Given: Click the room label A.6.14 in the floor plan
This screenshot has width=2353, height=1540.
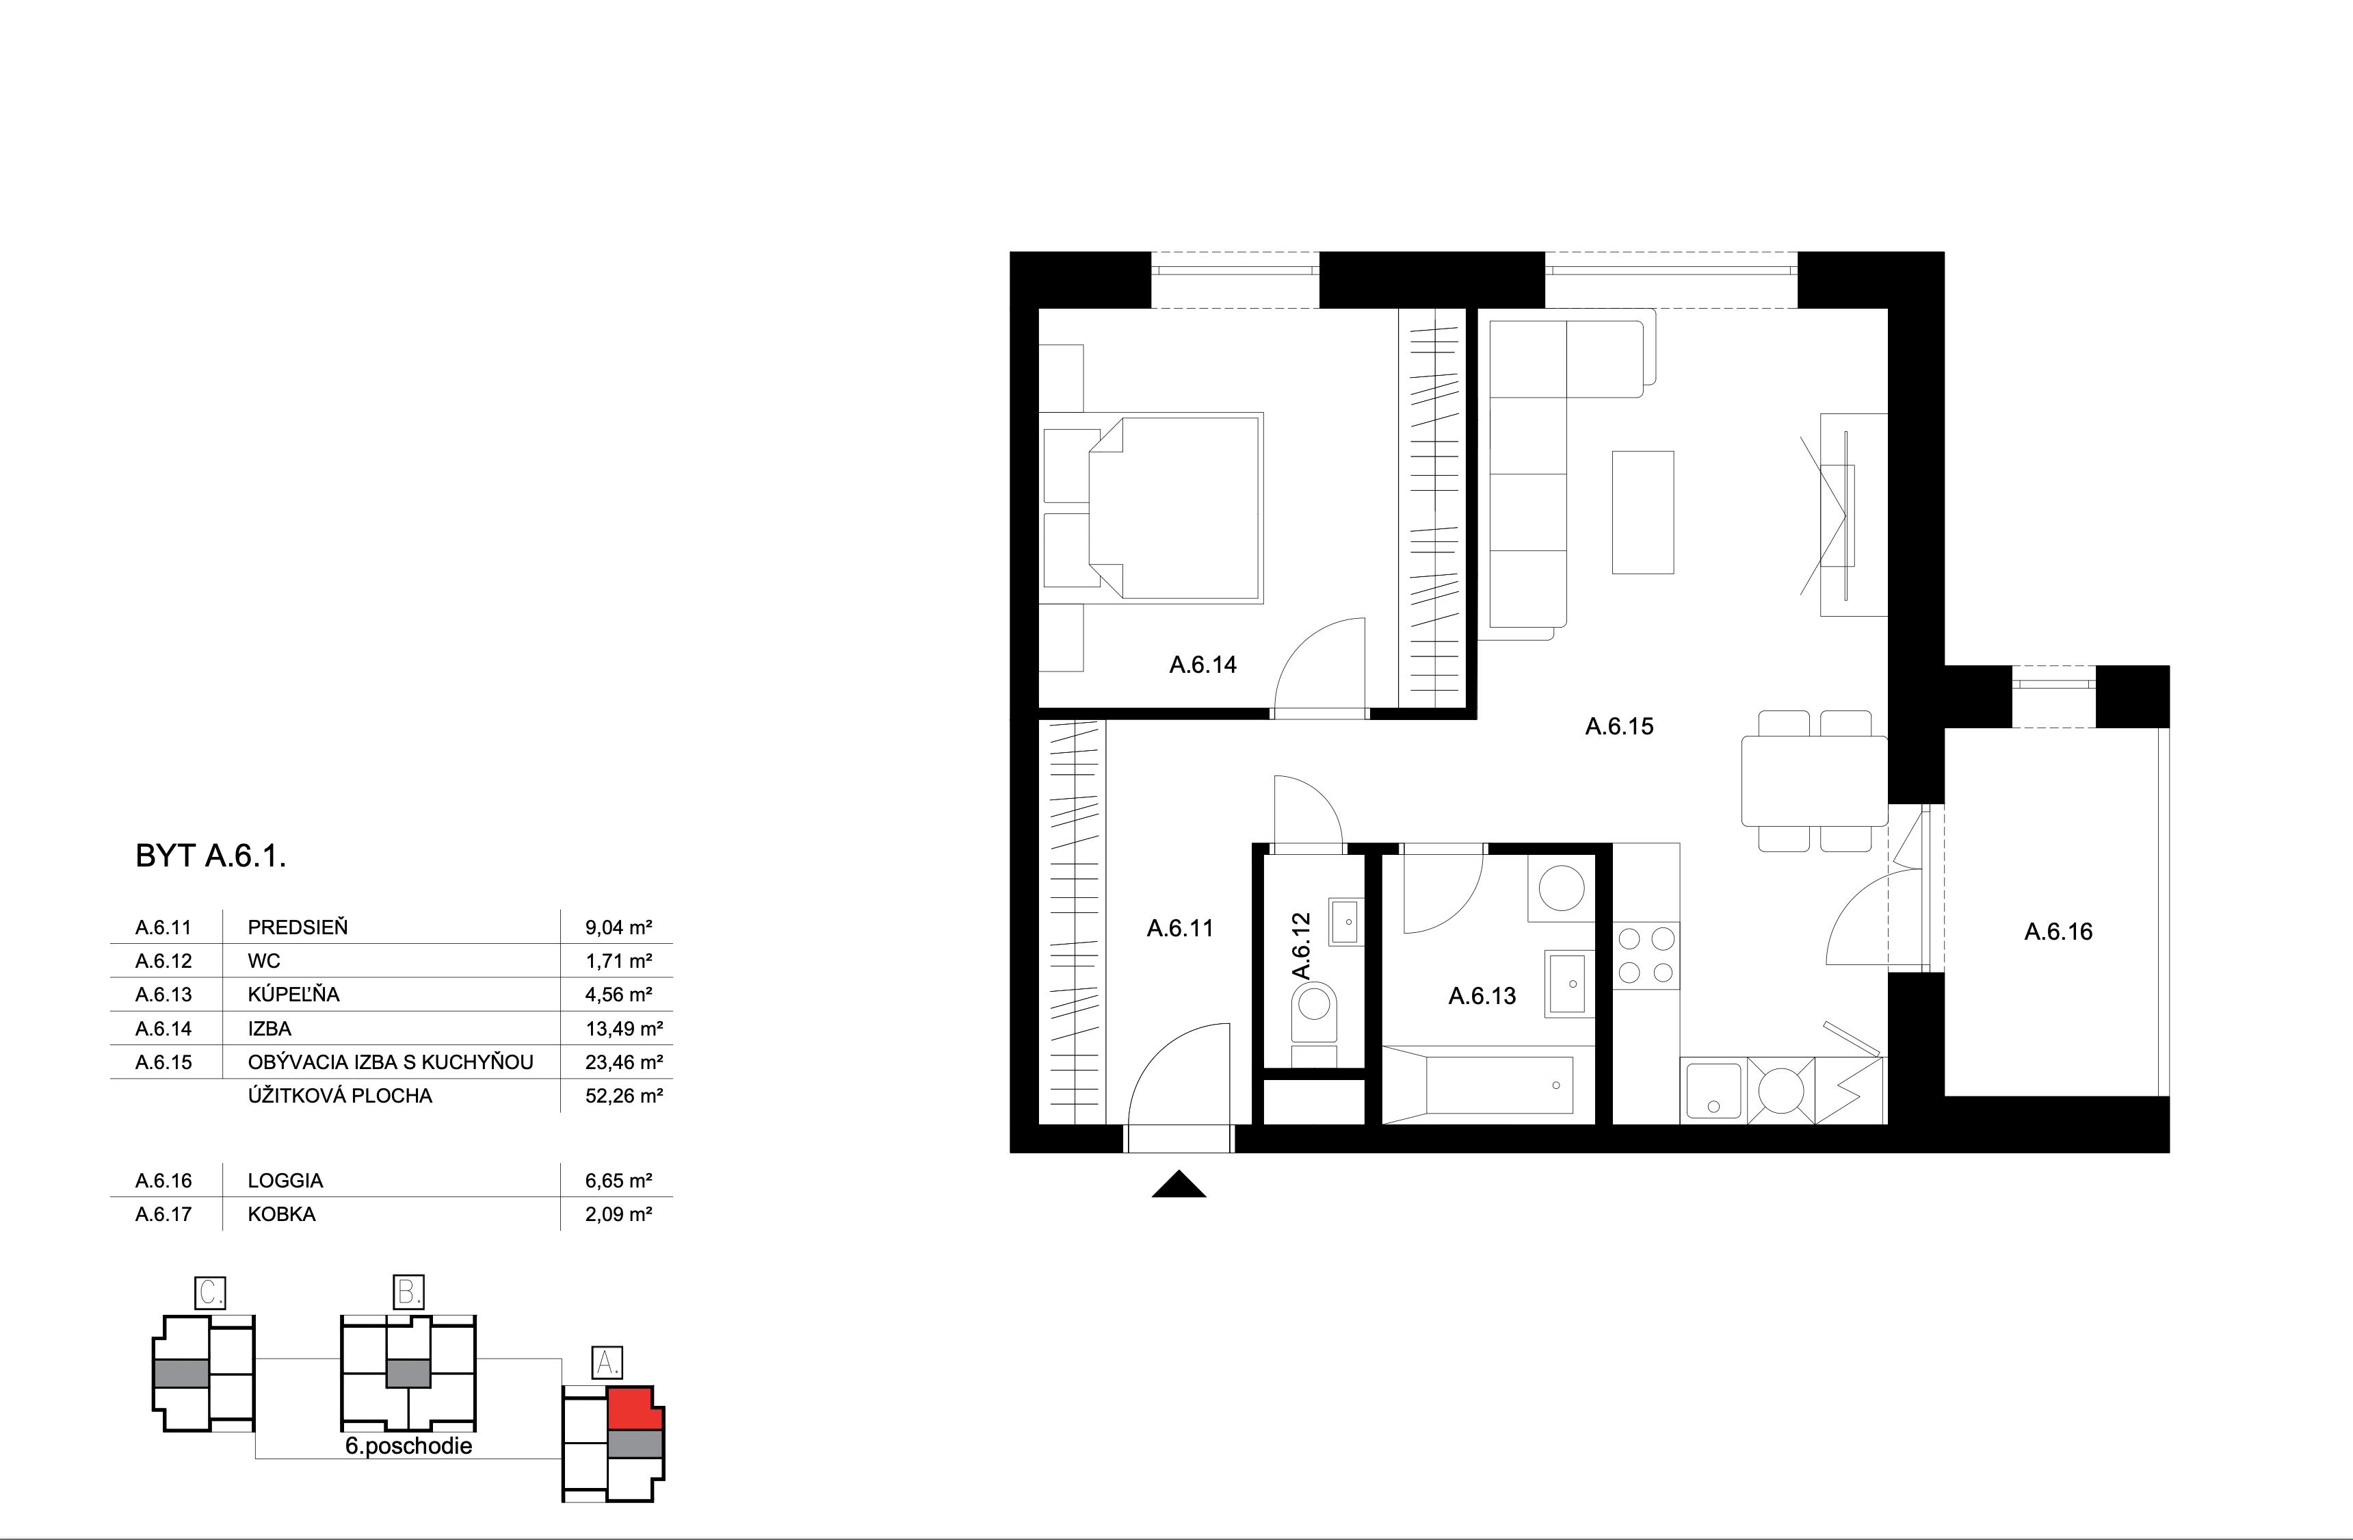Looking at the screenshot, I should point(1202,665).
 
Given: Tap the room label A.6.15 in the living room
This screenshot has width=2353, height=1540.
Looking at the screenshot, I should point(1618,726).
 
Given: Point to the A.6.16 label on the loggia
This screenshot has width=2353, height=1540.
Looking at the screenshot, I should point(2058,931).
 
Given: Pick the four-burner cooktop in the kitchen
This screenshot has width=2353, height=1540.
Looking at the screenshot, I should point(1646,955).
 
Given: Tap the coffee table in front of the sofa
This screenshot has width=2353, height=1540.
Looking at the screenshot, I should point(1642,513).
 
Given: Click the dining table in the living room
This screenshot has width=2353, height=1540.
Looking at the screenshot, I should point(1814,780).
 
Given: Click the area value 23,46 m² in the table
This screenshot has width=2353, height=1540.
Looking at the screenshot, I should point(623,1062).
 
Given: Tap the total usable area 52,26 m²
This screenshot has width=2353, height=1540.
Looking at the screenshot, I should point(623,1096).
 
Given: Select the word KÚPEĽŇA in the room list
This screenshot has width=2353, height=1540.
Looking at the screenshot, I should point(293,994).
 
